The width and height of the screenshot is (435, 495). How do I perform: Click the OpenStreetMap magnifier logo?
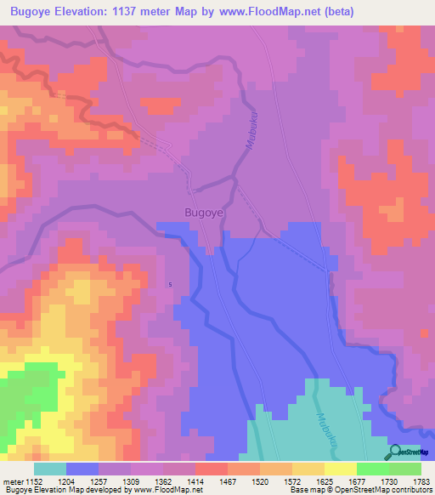coord(396,452)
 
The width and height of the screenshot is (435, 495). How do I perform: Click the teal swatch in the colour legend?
coord(50,469)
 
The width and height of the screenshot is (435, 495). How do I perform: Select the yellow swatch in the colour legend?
coord(340,469)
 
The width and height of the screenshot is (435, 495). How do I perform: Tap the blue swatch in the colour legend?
coord(82,469)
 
